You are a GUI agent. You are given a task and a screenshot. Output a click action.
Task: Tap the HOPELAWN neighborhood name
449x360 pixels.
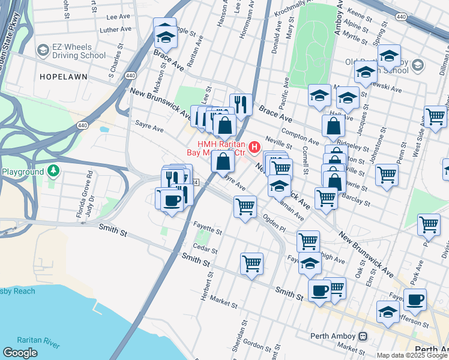tap(63, 77)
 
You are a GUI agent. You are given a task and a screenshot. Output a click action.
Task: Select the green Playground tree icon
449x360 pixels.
tap(53, 172)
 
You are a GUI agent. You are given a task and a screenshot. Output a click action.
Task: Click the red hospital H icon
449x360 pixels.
tap(255, 146)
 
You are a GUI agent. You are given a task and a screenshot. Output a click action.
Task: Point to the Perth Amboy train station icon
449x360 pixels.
tap(363, 336)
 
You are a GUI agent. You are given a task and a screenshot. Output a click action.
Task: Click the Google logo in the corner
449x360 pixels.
tap(20, 353)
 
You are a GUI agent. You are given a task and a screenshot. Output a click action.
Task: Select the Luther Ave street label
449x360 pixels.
tap(115, 29)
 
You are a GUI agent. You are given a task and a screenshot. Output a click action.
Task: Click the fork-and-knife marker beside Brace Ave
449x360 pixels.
tap(241, 105)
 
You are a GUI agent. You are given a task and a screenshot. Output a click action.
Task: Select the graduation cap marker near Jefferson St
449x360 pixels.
tap(388, 312)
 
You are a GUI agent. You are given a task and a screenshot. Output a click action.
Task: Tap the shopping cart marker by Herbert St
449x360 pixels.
tap(252, 263)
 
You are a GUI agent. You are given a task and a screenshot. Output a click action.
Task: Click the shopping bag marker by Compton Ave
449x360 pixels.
tap(333, 126)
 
